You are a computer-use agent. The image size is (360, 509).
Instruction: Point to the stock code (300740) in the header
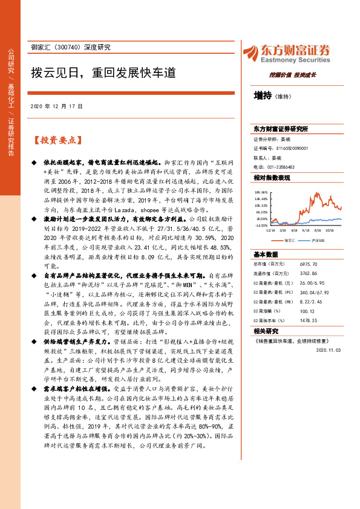pos(74,48)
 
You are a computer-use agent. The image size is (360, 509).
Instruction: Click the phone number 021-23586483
pos(281,167)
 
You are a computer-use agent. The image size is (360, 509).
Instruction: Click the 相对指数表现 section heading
pos(272,178)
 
